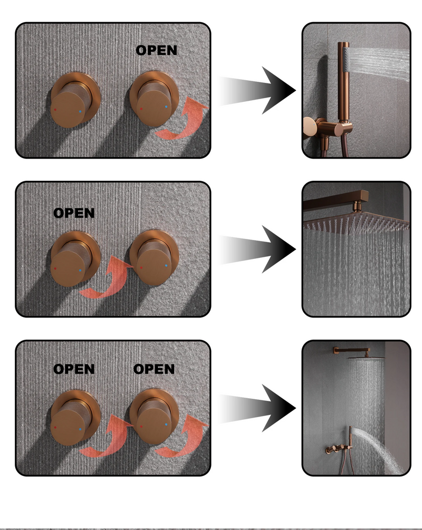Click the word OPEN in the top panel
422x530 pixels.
coord(156,51)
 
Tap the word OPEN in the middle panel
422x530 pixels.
coord(74,213)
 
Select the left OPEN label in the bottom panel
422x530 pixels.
coord(74,369)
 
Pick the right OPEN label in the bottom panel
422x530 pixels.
coord(154,369)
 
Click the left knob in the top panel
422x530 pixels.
coord(72,101)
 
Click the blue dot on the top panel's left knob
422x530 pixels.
coord(80,111)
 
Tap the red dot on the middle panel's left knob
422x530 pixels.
coord(55,268)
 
